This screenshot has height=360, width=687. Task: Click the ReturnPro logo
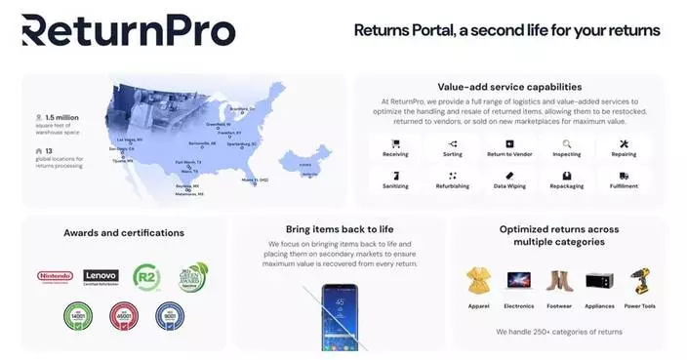click(128, 30)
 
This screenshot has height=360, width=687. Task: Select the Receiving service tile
click(395, 148)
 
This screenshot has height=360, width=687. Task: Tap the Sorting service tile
click(452, 148)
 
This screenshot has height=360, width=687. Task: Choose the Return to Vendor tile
click(508, 148)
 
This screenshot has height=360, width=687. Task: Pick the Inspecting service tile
click(566, 148)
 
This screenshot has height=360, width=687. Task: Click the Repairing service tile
click(623, 148)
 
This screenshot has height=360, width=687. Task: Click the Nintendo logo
click(55, 276)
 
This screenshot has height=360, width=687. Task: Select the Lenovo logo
click(101, 277)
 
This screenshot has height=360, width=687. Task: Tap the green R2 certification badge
click(146, 276)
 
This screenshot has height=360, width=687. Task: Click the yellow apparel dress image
click(478, 281)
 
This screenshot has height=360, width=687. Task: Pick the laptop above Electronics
click(519, 281)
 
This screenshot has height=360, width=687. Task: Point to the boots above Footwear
click(559, 282)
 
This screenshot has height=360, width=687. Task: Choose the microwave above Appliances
click(599, 282)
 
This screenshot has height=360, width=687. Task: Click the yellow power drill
click(640, 282)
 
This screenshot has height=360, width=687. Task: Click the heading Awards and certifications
click(124, 233)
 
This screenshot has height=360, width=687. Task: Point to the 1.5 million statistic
click(61, 118)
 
